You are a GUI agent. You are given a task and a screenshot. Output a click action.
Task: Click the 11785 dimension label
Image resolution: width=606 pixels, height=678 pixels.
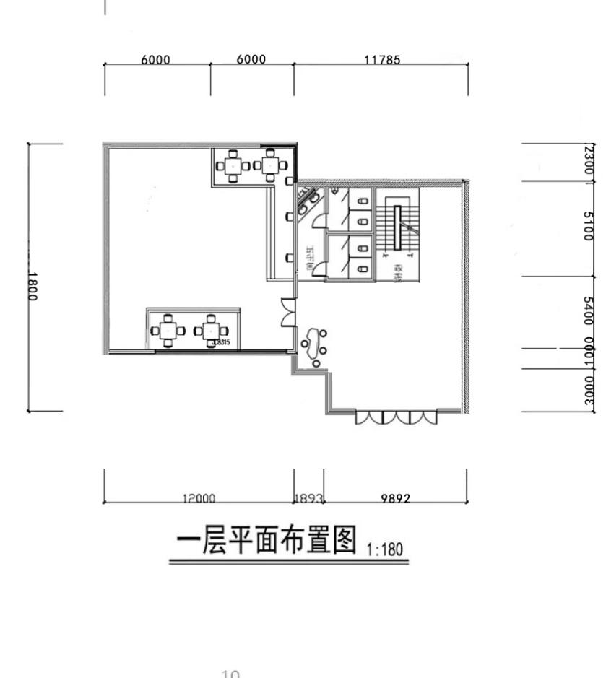point(381,60)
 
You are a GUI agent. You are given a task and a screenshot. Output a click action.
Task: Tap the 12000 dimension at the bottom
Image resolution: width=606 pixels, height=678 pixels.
point(199,497)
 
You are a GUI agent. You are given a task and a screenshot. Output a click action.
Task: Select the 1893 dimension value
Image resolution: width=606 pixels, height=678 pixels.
point(308,497)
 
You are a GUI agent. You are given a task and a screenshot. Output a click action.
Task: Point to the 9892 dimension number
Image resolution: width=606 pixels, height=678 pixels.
point(395,497)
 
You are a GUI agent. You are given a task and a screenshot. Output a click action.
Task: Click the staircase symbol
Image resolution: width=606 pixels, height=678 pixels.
point(397,228)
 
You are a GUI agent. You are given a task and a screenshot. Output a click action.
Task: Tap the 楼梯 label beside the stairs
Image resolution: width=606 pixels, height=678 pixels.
point(398,273)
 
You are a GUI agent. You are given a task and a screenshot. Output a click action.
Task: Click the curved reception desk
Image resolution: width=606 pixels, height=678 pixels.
point(312,344)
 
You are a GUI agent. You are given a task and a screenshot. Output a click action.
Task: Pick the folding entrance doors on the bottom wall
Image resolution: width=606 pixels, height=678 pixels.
point(396,417)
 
